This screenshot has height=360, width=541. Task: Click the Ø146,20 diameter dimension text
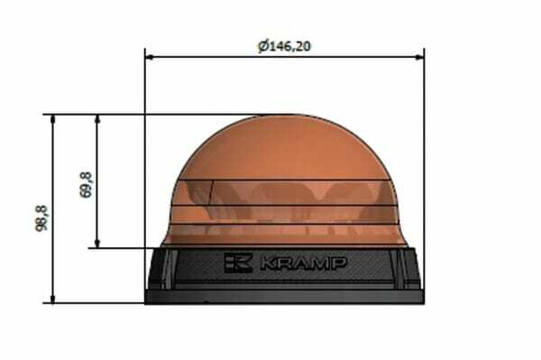(x=284, y=45)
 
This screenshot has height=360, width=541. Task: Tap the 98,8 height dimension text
(x=41, y=218)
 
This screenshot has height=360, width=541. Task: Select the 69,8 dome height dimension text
(x=86, y=185)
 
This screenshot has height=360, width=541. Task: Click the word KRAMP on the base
(x=304, y=263)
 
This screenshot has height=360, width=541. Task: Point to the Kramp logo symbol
(x=238, y=263)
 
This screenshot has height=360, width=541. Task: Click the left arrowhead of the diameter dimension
(x=150, y=57)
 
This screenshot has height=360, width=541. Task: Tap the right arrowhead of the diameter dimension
(x=419, y=57)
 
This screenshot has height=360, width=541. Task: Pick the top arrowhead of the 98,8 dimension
(x=52, y=119)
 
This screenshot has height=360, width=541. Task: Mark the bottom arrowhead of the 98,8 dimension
(x=52, y=299)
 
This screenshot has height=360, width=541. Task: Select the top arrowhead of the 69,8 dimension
(x=97, y=119)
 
